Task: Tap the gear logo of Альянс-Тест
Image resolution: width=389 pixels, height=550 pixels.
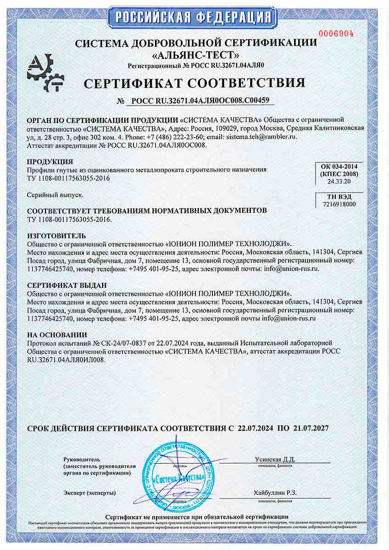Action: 45,73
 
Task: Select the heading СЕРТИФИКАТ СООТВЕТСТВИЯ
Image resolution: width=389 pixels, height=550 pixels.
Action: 194,83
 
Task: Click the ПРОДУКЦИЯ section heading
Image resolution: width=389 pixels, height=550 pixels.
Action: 50,162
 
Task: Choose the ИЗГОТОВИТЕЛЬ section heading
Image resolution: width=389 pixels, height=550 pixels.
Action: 56,235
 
